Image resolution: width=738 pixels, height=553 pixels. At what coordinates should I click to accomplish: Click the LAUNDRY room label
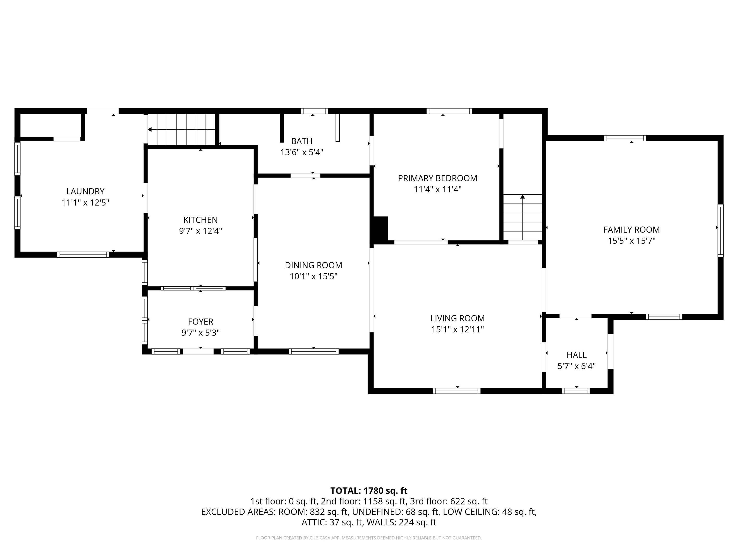click(86, 191)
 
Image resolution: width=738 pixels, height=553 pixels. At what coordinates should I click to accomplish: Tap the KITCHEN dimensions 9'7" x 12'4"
click(201, 231)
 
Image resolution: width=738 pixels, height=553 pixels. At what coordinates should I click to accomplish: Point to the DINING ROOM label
click(314, 265)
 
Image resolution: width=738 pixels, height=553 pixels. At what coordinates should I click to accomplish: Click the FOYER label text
click(201, 322)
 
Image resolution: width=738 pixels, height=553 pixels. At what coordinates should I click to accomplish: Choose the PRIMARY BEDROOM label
click(437, 178)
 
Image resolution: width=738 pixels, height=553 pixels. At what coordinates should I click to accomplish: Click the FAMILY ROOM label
click(632, 230)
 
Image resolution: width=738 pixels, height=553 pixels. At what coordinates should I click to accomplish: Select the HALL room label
click(577, 355)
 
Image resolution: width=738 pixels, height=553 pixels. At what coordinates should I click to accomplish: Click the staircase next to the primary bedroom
click(523, 217)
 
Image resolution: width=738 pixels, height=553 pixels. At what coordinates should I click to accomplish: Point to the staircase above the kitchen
click(182, 129)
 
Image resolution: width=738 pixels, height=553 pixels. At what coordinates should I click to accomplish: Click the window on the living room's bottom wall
click(456, 391)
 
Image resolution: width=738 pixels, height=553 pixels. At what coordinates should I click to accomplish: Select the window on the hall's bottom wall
click(576, 391)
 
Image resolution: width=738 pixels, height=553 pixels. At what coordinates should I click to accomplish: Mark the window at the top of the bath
click(314, 111)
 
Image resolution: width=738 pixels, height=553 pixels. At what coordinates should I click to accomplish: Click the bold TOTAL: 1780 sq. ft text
click(369, 491)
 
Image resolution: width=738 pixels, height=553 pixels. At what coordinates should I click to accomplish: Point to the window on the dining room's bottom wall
click(314, 351)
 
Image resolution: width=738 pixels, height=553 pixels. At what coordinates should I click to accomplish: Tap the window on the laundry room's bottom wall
click(83, 255)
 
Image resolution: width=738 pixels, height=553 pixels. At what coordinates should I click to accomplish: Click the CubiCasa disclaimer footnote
click(369, 538)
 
